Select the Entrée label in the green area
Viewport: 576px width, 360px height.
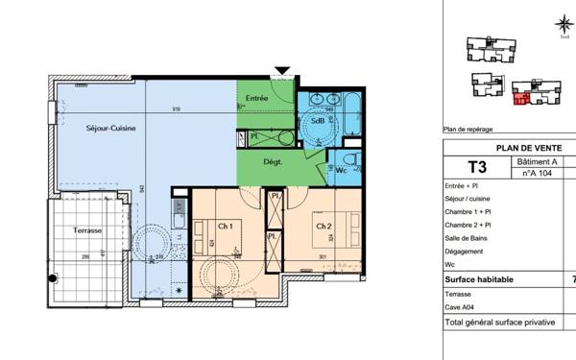[x=256, y=98]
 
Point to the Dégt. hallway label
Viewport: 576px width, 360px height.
[x=272, y=162]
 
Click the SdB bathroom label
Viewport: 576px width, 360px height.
[x=316, y=121]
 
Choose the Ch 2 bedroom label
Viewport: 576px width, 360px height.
[x=324, y=226]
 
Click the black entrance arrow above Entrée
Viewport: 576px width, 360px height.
[x=280, y=72]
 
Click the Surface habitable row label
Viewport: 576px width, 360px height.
[x=479, y=279]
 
